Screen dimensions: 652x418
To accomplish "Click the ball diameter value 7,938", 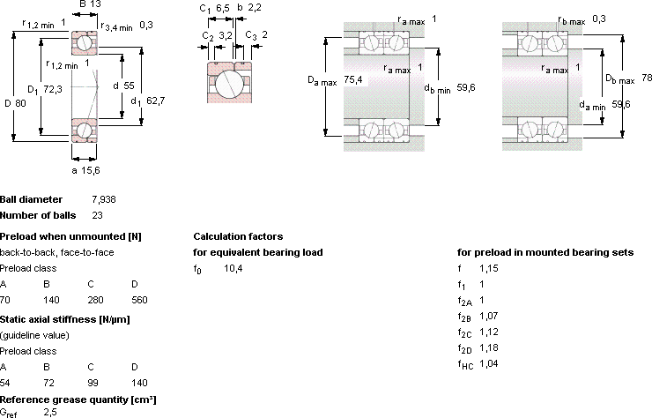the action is pyautogui.click(x=104, y=199).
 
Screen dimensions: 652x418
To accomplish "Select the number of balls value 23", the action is pyautogui.click(x=97, y=215).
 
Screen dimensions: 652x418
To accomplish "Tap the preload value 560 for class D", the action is pyautogui.click(x=139, y=300).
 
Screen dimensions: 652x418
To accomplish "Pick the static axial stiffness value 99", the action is pyautogui.click(x=93, y=383).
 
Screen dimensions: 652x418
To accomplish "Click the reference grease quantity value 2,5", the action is pyautogui.click(x=50, y=412).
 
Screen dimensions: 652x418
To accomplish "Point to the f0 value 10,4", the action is pyautogui.click(x=233, y=269).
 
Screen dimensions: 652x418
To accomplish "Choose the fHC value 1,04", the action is pyautogui.click(x=489, y=363).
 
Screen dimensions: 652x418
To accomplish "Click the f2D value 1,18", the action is pyautogui.click(x=489, y=347).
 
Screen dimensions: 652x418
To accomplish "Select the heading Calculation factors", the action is pyautogui.click(x=238, y=236).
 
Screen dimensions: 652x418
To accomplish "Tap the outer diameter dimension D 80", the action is pyautogui.click(x=15, y=103).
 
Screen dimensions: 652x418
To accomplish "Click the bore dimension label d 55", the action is pyautogui.click(x=123, y=86).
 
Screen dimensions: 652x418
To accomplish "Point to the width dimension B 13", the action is pyautogui.click(x=90, y=4).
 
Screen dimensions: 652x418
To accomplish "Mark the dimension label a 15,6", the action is pyautogui.click(x=85, y=170).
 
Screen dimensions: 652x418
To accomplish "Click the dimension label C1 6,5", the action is pyautogui.click(x=214, y=8).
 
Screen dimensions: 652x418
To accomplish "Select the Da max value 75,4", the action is pyautogui.click(x=353, y=79).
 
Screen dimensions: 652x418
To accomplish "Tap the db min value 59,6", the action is pyautogui.click(x=466, y=87).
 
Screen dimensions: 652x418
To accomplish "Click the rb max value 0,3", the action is pyautogui.click(x=599, y=19).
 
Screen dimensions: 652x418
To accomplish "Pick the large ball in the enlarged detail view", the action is pyautogui.click(x=229, y=82).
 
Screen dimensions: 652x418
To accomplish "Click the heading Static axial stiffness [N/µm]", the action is pyautogui.click(x=65, y=319).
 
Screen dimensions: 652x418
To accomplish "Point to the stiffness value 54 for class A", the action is pyautogui.click(x=5, y=383).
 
